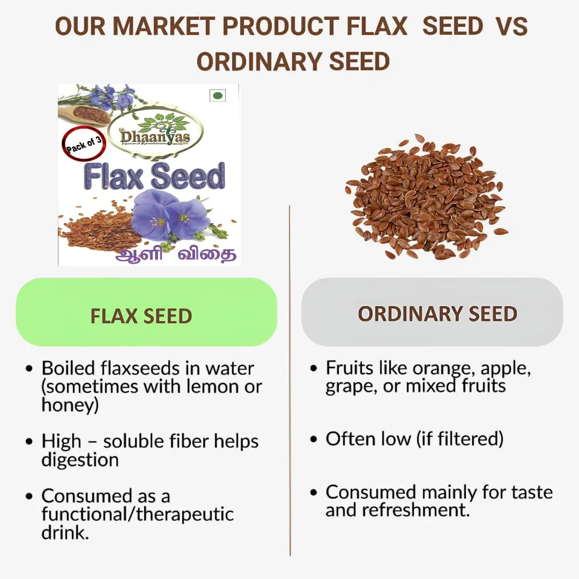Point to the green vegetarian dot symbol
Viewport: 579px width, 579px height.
click(x=218, y=96)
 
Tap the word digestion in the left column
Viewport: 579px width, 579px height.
click(x=80, y=459)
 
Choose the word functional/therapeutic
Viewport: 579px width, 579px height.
click(x=138, y=514)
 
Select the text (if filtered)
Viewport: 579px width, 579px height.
click(x=459, y=439)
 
